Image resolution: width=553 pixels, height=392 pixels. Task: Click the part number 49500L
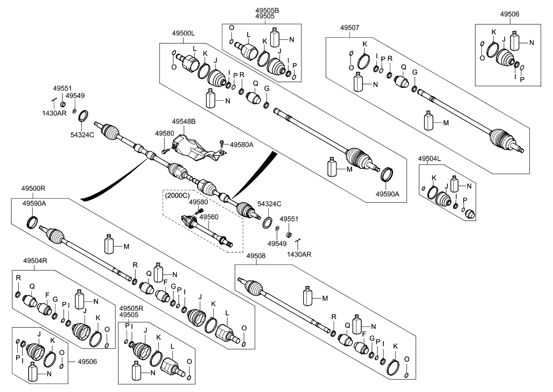183,33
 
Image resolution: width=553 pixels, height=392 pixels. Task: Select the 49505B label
267,10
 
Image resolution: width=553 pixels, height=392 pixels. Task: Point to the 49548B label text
184,122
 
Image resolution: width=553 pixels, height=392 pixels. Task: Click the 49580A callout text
241,145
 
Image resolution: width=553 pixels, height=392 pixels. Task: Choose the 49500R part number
33,189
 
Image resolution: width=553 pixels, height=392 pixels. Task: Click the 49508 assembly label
257,257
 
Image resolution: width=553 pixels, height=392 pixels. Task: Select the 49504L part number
430,158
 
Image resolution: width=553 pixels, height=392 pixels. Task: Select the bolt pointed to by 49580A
221,143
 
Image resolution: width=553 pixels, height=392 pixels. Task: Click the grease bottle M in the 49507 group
429,121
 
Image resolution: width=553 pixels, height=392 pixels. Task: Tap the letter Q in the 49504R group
32,286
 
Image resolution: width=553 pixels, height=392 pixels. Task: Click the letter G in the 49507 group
415,72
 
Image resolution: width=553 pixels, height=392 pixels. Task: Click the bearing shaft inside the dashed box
207,230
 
